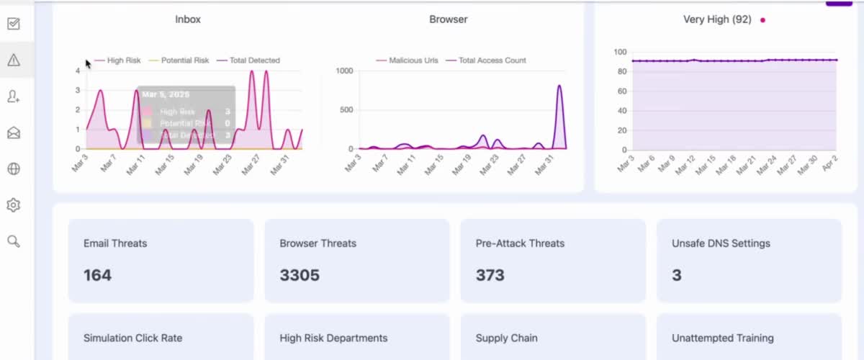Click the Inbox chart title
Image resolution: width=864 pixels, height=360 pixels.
click(188, 19)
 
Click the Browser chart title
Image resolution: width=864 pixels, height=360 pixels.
click(449, 19)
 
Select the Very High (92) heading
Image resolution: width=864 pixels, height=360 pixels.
click(717, 19)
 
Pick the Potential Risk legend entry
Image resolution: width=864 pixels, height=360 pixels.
click(184, 60)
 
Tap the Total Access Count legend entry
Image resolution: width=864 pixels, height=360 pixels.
click(492, 60)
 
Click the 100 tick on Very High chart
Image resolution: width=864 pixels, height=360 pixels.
click(620, 52)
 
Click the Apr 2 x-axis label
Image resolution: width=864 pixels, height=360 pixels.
click(829, 163)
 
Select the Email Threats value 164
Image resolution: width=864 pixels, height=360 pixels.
click(97, 275)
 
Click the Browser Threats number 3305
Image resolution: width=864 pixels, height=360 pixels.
click(300, 275)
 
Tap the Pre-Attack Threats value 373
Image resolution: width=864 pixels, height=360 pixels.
click(490, 275)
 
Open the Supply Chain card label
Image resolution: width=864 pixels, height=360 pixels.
click(506, 338)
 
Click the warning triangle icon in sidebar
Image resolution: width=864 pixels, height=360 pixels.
click(13, 60)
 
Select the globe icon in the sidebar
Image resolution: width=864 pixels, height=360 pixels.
click(13, 169)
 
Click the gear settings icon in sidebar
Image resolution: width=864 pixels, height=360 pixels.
click(13, 205)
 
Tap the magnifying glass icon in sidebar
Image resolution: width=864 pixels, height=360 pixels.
click(13, 241)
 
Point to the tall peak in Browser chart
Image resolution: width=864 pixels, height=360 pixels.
click(559, 86)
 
